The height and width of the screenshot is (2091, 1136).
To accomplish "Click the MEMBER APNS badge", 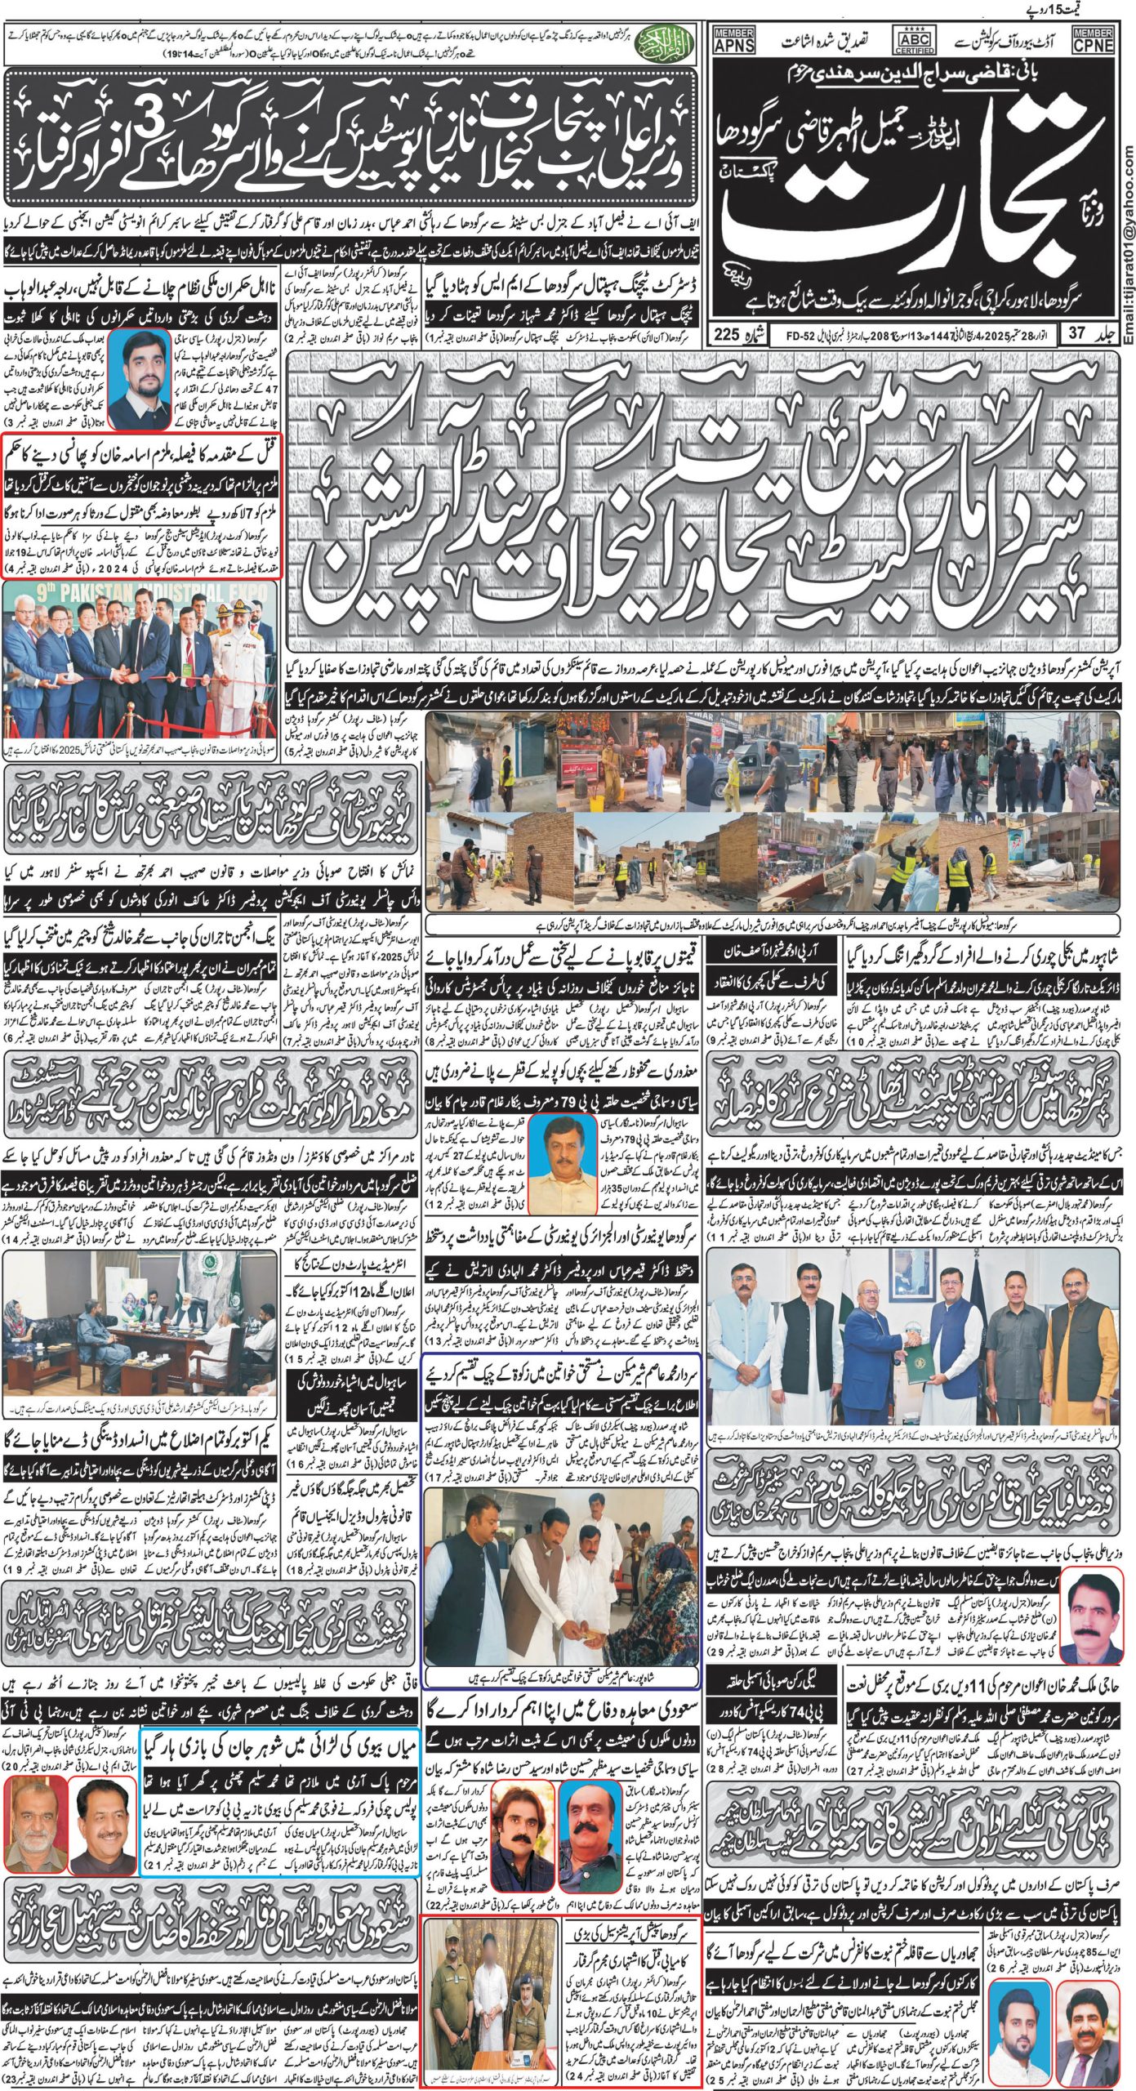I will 734,40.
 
